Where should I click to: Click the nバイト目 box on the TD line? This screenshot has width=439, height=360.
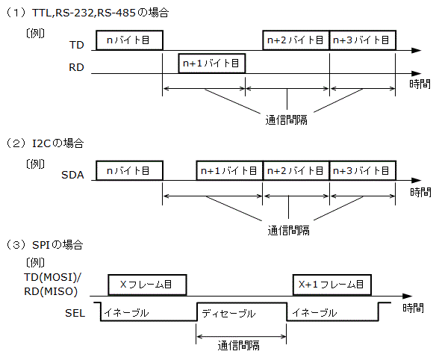tap(129, 40)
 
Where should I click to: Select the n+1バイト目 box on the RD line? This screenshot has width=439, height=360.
tap(211, 63)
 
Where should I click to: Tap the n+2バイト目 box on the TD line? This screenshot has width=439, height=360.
tap(296, 40)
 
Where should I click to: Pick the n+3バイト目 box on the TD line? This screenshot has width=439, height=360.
tap(363, 40)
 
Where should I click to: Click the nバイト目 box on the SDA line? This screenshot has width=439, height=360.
tap(129, 170)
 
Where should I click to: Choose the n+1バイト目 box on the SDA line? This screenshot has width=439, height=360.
tap(229, 170)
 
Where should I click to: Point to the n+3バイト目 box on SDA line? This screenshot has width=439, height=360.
tap(363, 170)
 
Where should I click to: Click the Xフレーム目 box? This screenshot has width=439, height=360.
tap(147, 285)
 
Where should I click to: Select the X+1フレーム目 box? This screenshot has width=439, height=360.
tap(330, 285)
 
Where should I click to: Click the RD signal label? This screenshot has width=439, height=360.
tap(75, 68)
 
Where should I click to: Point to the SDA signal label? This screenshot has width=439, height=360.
tap(72, 176)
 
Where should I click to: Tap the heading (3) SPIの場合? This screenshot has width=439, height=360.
tap(49, 244)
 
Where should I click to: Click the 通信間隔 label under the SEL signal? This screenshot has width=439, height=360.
tap(240, 345)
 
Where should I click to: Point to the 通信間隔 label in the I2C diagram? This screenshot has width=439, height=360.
tap(287, 229)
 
